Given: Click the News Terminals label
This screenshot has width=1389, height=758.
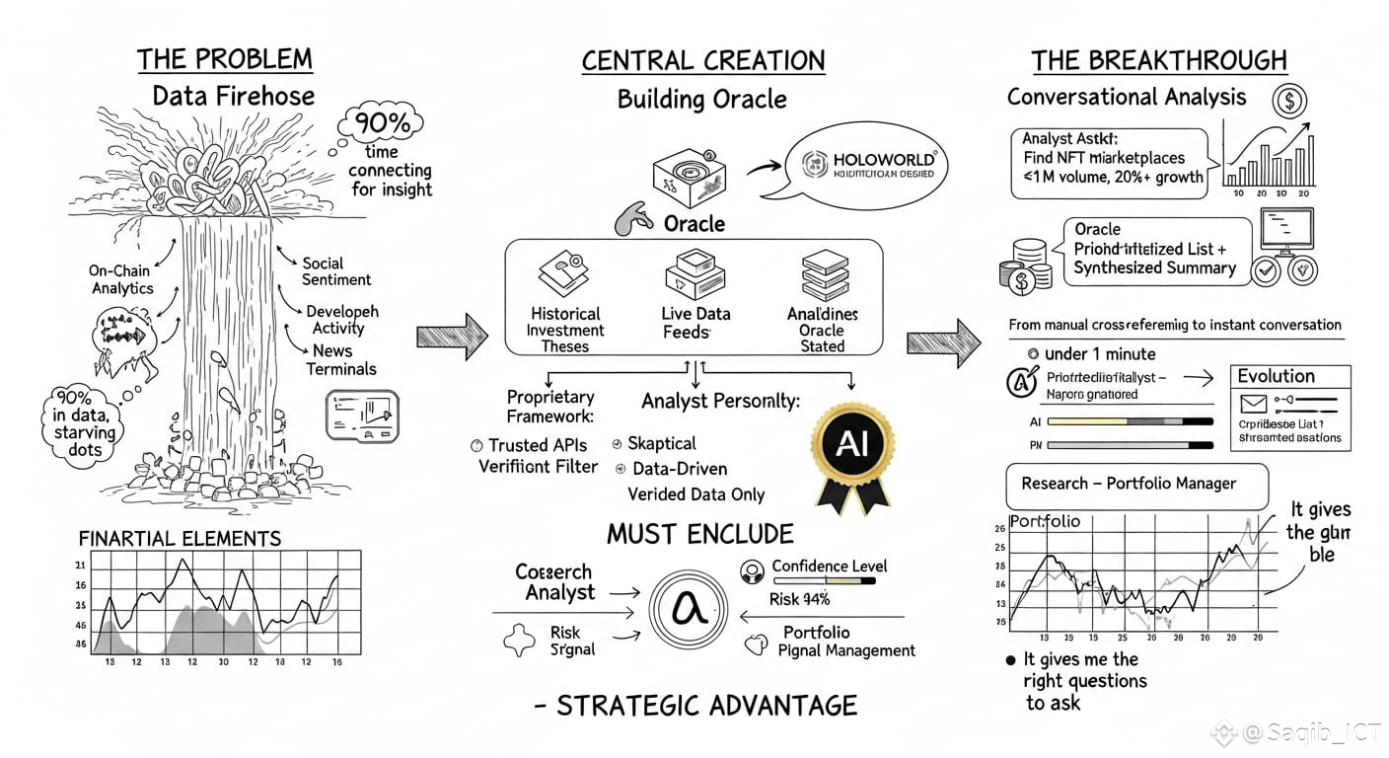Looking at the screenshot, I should [x=340, y=359].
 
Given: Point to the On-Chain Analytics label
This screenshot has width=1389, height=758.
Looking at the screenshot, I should [x=122, y=279].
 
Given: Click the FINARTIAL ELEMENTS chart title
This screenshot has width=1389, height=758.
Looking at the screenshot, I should [x=180, y=538].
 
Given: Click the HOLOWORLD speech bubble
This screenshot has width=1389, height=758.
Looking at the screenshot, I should [x=868, y=168].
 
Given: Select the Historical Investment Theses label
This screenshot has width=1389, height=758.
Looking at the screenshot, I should [x=565, y=330].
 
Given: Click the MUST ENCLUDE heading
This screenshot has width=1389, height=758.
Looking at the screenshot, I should [x=699, y=534].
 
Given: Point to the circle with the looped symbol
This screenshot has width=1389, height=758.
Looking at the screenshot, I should [x=689, y=609].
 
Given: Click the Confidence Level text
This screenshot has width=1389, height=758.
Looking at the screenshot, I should [x=829, y=566].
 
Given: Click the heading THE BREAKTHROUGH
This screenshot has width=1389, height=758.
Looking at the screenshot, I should [x=1159, y=60].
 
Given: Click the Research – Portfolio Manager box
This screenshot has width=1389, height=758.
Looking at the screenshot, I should [x=1129, y=484].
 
